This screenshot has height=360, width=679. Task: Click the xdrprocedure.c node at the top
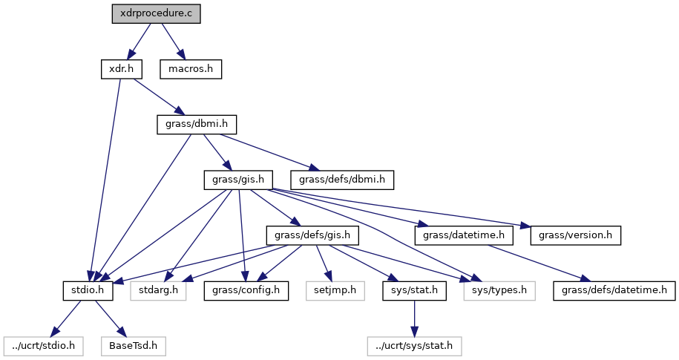(x=155, y=13)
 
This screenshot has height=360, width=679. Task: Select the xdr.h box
(x=120, y=69)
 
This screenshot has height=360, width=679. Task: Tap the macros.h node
(x=191, y=69)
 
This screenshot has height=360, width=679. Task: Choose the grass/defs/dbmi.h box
(x=342, y=179)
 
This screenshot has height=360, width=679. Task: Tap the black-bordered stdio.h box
(x=88, y=289)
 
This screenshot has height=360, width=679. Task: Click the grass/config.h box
(x=246, y=289)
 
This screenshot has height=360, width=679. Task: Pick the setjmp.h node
(x=334, y=289)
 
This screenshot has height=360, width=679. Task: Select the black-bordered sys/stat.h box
(x=414, y=289)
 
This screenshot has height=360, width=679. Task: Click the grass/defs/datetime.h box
(x=614, y=289)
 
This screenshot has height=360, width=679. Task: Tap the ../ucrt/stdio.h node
(x=44, y=345)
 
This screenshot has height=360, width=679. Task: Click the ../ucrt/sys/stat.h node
(x=414, y=345)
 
